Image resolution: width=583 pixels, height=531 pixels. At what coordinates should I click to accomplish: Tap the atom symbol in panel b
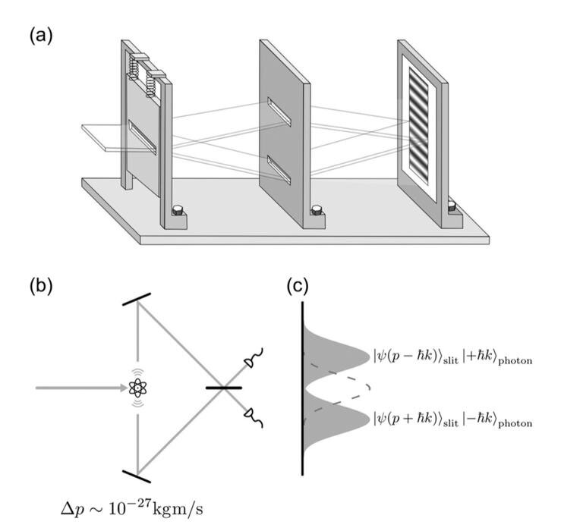click(138, 388)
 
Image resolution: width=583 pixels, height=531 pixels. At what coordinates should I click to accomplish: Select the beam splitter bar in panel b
click(224, 388)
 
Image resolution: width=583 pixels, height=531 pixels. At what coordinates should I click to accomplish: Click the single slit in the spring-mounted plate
click(142, 137)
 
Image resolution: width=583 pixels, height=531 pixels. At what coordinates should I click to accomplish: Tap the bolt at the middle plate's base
click(317, 209)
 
